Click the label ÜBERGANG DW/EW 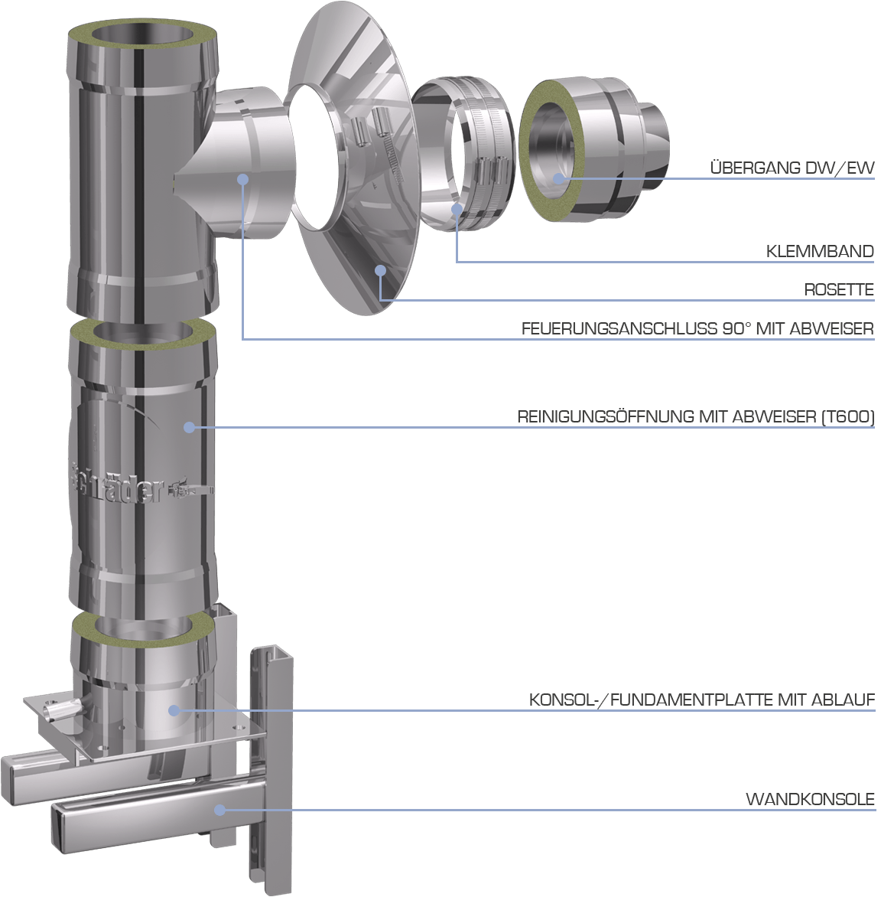pyautogui.click(x=792, y=168)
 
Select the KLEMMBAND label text pyautogui.click(x=820, y=251)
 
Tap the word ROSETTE pyautogui.click(x=839, y=289)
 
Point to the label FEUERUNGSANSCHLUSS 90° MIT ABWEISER pyautogui.click(x=697, y=328)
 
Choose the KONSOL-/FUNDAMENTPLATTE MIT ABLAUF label pyautogui.click(x=702, y=700)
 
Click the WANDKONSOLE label pyautogui.click(x=810, y=799)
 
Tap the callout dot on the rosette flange pyautogui.click(x=381, y=271)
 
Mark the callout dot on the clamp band pyautogui.click(x=457, y=209)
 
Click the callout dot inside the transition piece pyautogui.click(x=558, y=178)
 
